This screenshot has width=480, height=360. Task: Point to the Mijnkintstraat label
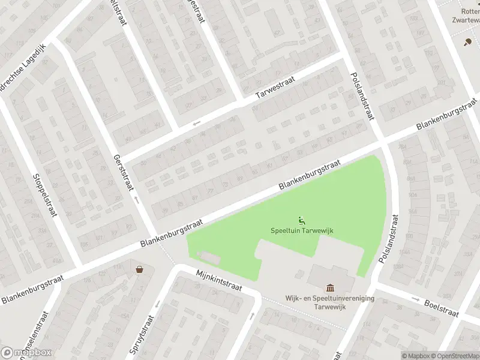[x=219, y=280]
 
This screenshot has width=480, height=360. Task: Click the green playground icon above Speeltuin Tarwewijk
[x=300, y=220]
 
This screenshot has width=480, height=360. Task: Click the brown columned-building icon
[x=329, y=289]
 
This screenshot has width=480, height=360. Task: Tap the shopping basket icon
[x=140, y=269]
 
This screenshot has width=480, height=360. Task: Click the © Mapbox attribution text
[x=416, y=356]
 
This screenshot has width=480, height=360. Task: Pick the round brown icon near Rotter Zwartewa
[x=467, y=41]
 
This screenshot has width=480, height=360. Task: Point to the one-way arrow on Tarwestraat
[x=196, y=124]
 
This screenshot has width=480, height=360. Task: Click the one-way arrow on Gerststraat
[x=137, y=200]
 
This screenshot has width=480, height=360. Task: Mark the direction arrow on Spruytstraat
[x=157, y=304]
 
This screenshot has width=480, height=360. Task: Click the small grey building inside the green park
[x=208, y=257]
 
